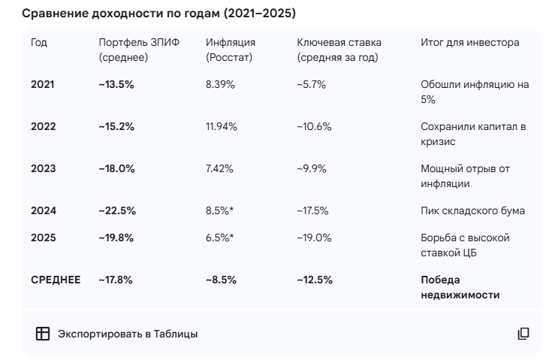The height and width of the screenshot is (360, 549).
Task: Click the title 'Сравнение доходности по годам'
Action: tap(158, 14)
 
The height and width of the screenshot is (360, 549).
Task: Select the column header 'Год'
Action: tap(39, 43)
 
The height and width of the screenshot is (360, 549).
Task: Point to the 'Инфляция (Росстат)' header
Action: tap(231, 50)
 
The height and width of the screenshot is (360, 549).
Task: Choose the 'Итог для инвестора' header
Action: tap(469, 43)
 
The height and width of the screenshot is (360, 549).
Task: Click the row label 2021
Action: tap(44, 85)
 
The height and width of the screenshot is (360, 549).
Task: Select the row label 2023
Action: tap(44, 169)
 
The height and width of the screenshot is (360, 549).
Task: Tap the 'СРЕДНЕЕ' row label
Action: tap(55, 280)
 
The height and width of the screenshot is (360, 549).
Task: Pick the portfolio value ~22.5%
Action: tap(116, 211)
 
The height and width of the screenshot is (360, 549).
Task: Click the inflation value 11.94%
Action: tap(222, 127)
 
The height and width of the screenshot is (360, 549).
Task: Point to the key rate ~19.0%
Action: tap(315, 238)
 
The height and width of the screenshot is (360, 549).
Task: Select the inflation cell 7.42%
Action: tap(220, 169)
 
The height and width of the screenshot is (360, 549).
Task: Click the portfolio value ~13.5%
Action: tap(116, 85)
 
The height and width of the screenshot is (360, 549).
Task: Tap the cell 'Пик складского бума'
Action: tap(472, 211)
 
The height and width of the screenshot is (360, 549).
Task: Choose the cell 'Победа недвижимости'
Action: tap(460, 288)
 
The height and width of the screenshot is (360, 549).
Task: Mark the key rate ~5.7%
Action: tap(312, 85)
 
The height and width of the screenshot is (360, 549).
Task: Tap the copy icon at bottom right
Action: tap(523, 334)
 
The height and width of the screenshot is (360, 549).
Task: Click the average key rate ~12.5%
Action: tap(315, 280)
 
